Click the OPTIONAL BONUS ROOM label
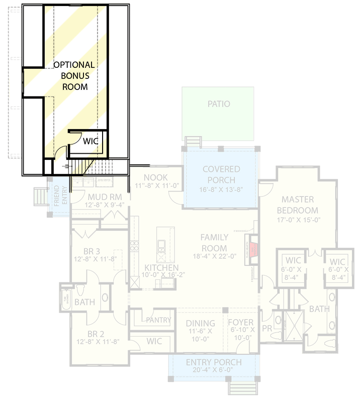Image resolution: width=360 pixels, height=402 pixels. click(74, 75)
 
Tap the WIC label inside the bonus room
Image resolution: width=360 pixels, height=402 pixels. click(91, 141)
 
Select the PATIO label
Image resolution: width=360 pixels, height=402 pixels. click(219, 104)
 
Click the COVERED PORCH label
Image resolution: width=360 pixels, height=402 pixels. click(222, 174)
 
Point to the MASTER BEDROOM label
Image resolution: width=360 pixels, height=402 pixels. click(300, 205)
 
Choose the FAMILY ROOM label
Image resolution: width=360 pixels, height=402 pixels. click(214, 243)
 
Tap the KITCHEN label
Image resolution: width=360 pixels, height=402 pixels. click(159, 267)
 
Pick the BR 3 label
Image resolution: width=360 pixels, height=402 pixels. click(96, 251)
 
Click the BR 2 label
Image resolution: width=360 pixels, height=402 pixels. click(96, 334)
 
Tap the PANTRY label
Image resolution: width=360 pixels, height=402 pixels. click(159, 320)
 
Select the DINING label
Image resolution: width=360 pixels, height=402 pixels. click(201, 323)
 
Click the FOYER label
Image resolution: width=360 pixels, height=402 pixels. click(240, 323)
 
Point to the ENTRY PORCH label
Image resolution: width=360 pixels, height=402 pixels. click(214, 362)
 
